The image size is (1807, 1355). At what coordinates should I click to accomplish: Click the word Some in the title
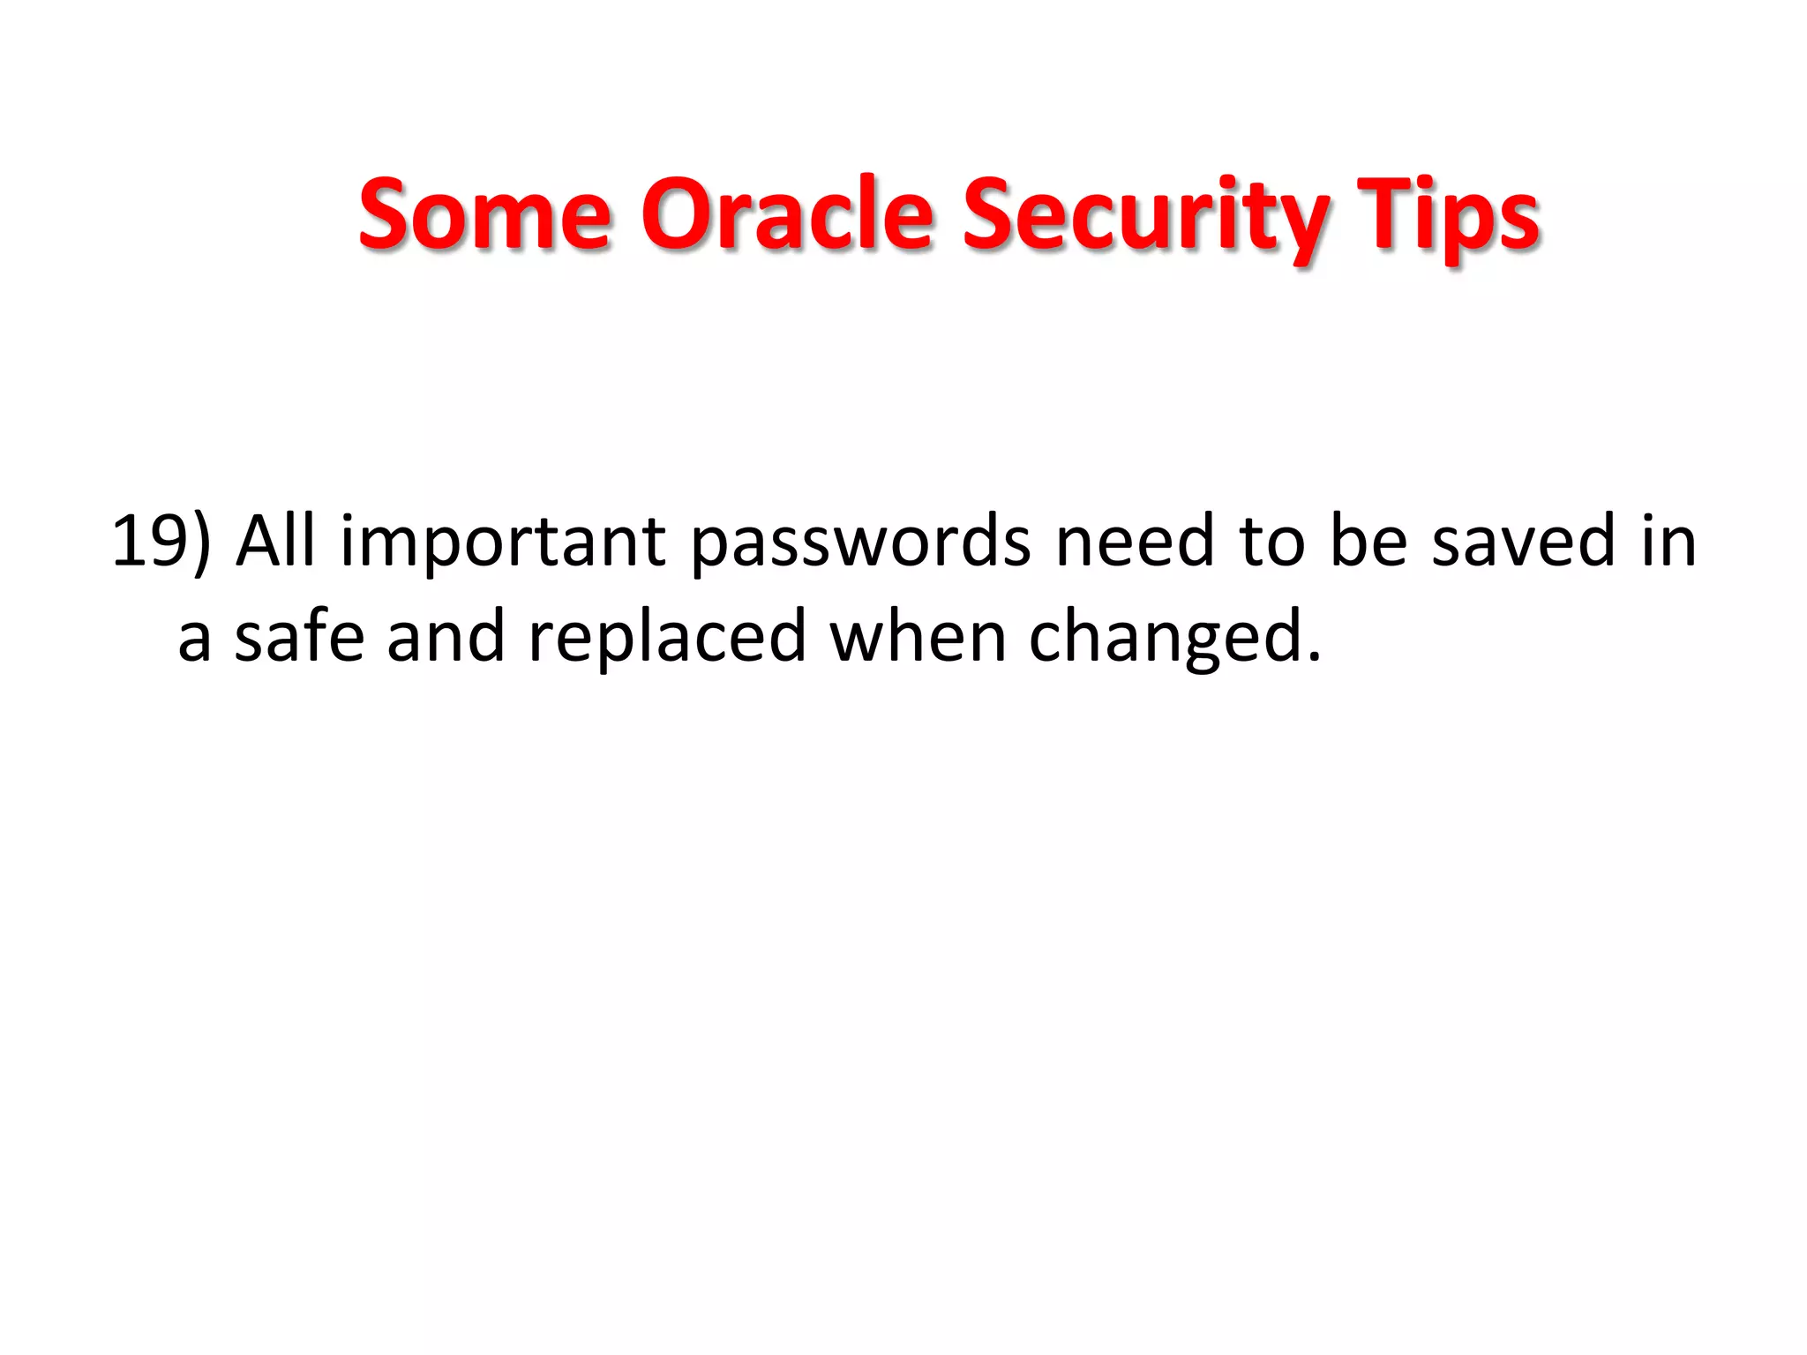(484, 213)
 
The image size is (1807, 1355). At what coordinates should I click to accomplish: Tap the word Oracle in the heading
(787, 213)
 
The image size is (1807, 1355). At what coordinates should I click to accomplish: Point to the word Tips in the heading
(1448, 215)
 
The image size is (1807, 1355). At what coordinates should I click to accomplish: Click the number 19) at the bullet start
(161, 541)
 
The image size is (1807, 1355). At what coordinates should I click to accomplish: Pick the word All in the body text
(275, 541)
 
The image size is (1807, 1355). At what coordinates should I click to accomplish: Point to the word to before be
(1272, 541)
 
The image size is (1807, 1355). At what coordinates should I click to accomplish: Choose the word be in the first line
(1368, 541)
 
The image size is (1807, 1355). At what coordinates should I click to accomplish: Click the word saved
(1523, 541)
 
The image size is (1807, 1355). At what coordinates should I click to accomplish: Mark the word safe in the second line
(299, 636)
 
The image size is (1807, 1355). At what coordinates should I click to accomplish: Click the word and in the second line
(446, 636)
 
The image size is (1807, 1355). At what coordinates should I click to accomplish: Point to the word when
(918, 636)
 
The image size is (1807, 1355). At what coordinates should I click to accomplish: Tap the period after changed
(1314, 657)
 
